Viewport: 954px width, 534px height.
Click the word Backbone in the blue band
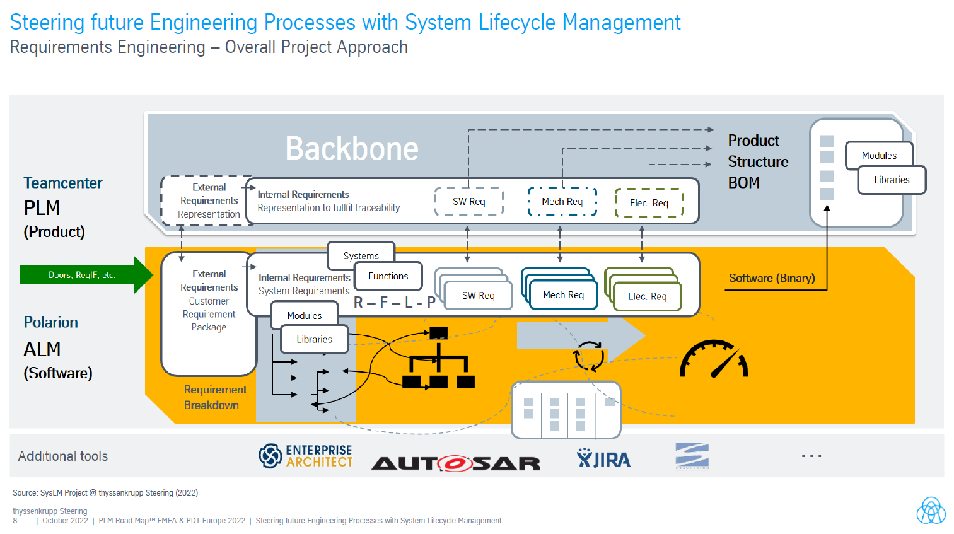[x=351, y=149]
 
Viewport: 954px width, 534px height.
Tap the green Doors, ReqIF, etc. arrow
[x=83, y=275]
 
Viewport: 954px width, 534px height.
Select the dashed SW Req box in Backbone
[x=468, y=202]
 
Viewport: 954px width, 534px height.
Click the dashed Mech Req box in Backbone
[x=562, y=202]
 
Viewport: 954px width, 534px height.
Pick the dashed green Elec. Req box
[x=649, y=202]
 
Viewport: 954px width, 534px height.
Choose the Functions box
[x=388, y=276]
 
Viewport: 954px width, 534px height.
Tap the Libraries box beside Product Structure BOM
[x=892, y=180]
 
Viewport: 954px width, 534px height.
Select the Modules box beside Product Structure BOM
[x=879, y=155]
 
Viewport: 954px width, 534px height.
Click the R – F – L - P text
[x=394, y=303]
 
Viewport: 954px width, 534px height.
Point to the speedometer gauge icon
[x=714, y=359]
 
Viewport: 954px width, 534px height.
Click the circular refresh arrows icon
[x=588, y=356]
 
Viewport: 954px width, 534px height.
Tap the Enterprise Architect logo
[x=306, y=456]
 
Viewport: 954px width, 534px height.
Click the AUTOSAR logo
[x=455, y=463]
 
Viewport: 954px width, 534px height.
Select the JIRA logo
[x=603, y=459]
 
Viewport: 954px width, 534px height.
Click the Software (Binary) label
[x=771, y=278]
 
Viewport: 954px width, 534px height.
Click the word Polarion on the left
[x=51, y=322]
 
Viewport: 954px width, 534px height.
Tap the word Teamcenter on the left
[x=62, y=183]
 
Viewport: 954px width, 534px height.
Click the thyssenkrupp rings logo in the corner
[x=931, y=511]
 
